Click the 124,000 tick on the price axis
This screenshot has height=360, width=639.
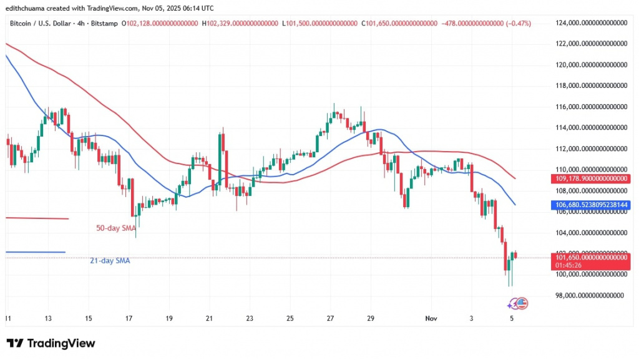coord(590,23)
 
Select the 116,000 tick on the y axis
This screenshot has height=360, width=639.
coord(590,107)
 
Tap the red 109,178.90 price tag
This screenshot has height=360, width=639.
coord(590,178)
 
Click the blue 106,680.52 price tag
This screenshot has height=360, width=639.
coord(590,204)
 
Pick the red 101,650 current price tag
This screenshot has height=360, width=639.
coord(590,257)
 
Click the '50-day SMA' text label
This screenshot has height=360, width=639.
coord(116,228)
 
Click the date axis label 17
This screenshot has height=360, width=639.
coord(129,318)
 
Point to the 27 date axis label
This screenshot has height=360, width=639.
coord(330,318)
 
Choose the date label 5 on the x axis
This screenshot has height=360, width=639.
coord(512,318)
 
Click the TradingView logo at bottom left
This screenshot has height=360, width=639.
coord(51,343)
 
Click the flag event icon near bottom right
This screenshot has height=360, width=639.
coord(519,303)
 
